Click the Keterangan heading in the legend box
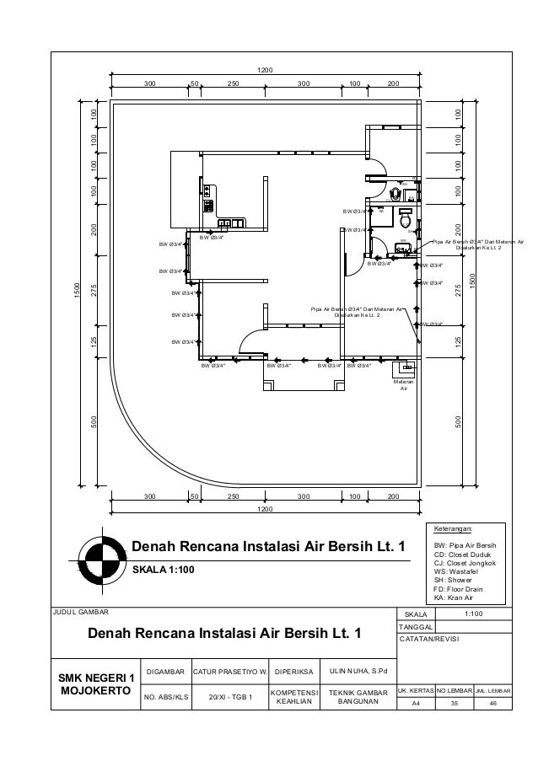[453, 529]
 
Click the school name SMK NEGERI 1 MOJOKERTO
[95, 685]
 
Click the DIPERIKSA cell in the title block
[293, 672]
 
